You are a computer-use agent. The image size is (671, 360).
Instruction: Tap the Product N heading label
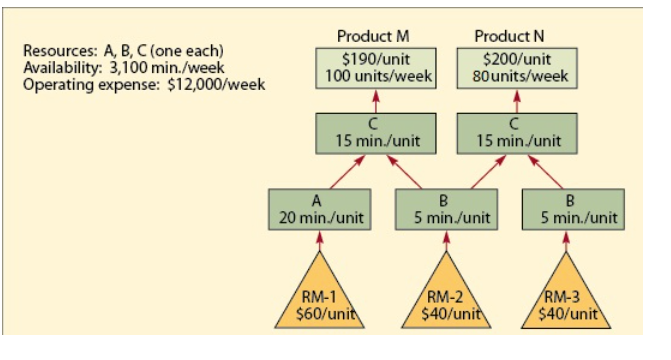(516, 37)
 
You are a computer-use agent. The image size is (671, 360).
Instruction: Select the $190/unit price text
(375, 58)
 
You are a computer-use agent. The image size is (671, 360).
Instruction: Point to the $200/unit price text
(517, 58)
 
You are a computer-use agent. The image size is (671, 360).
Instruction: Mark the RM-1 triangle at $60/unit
(319, 300)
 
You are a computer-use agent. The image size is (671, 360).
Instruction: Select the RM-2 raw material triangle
(445, 300)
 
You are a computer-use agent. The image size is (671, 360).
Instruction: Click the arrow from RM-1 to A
(319, 241)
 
